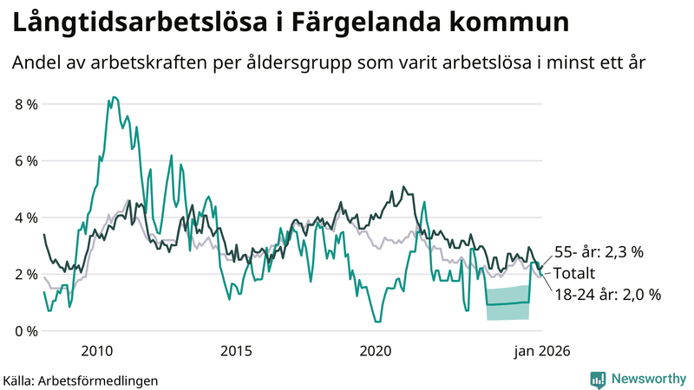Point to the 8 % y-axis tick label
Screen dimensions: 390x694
click(27, 105)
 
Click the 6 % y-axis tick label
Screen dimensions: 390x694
click(27, 161)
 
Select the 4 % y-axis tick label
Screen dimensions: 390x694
click(27, 218)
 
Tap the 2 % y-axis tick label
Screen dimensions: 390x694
click(27, 275)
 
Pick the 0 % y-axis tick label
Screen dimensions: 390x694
click(27, 331)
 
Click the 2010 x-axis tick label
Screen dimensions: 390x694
click(96, 351)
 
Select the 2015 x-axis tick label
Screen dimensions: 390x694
click(236, 351)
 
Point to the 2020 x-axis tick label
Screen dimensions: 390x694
click(376, 351)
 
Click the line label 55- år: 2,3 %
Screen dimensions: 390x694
click(598, 252)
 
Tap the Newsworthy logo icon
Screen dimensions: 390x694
click(598, 379)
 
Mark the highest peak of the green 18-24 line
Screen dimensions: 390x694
click(114, 97)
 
